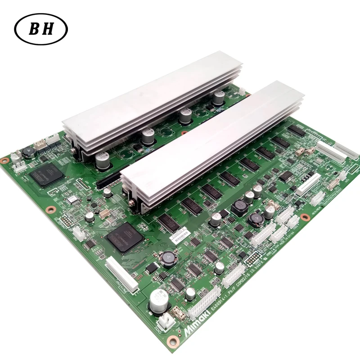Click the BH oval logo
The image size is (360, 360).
tap(41, 29)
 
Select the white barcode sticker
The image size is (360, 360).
tap(182, 234)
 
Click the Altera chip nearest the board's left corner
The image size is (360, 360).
tap(45, 175)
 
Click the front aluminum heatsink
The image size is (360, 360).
tap(211, 139)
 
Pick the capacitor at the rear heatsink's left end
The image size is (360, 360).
tap(102, 161)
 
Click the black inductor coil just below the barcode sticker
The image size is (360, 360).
tap(170, 256)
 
